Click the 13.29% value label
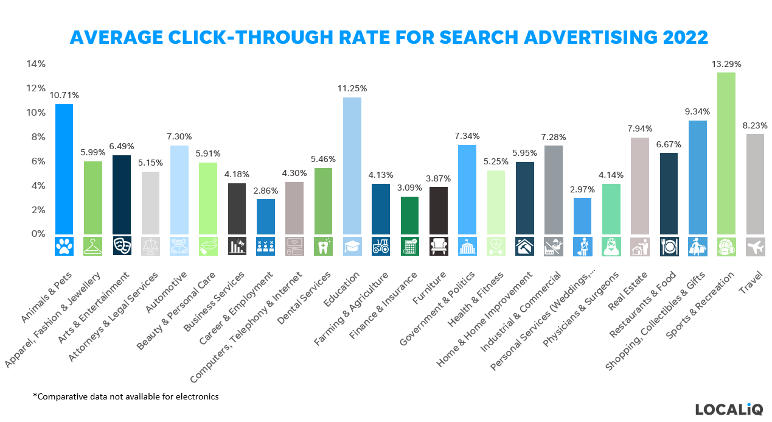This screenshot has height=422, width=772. click(x=726, y=64)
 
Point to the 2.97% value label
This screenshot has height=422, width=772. click(x=582, y=189)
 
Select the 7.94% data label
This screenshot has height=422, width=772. click(x=639, y=128)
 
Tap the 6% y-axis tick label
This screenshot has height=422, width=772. click(x=38, y=161)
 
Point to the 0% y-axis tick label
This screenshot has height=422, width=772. click(x=38, y=234)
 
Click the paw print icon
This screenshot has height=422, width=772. click(x=64, y=245)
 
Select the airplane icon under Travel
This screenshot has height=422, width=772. click(x=755, y=246)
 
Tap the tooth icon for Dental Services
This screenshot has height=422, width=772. click(x=323, y=246)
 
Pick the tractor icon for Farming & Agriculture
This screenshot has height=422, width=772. click(x=381, y=246)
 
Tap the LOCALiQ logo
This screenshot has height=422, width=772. click(x=728, y=409)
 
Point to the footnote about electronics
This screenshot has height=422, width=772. click(x=125, y=396)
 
